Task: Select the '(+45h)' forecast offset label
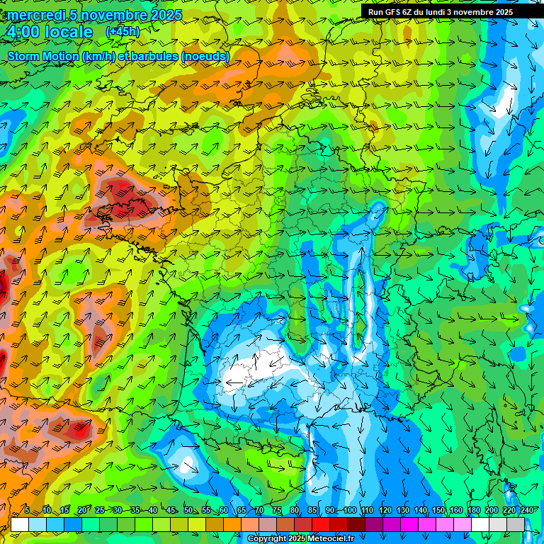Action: [123, 32]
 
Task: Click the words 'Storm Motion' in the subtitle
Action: [43, 56]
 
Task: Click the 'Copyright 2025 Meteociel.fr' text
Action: [301, 539]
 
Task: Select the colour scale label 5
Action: [27, 511]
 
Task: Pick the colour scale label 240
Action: [527, 511]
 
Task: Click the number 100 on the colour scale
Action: [349, 511]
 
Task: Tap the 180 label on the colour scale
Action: [474, 511]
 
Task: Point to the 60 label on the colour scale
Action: [224, 511]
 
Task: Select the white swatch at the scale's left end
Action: [20, 524]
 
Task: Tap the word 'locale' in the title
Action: [69, 32]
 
